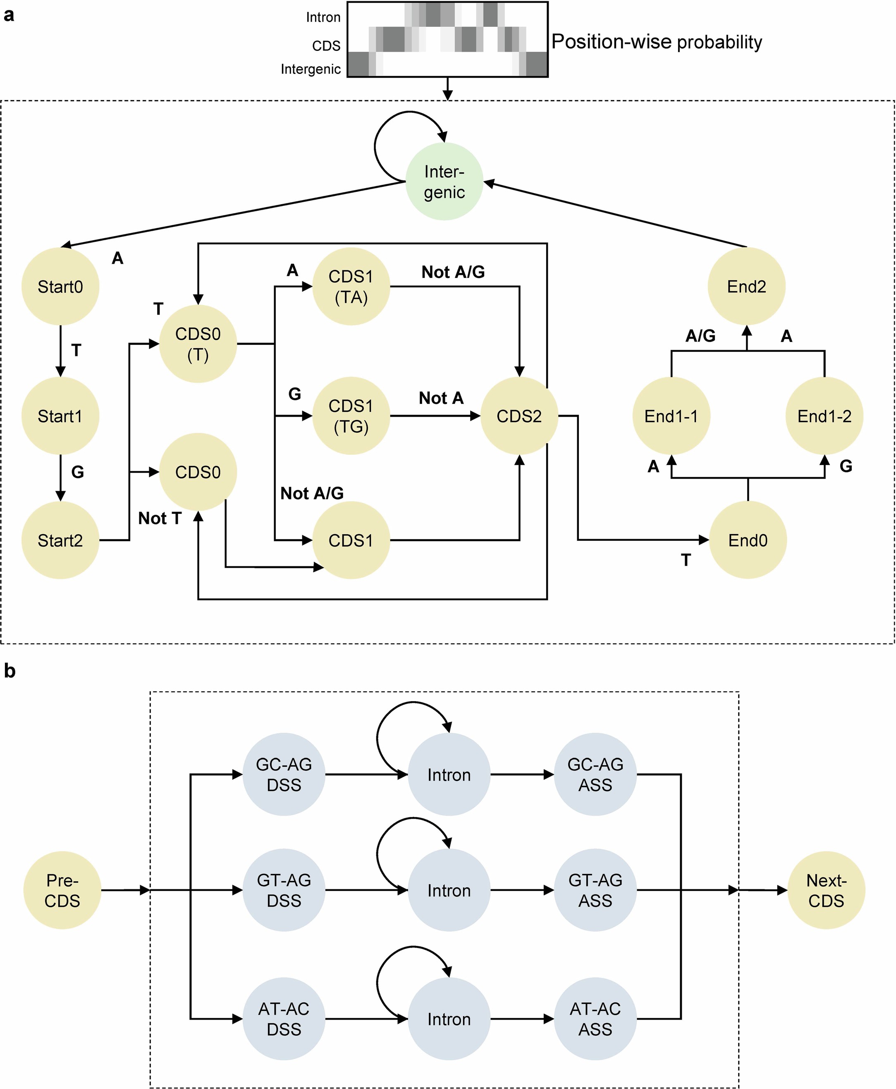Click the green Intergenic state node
(444, 181)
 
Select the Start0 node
(60, 287)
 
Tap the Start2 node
(60, 540)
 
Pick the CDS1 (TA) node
(351, 287)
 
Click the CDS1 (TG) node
(351, 416)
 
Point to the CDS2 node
(519, 416)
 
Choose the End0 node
(748, 540)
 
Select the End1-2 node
(824, 416)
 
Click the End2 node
(746, 287)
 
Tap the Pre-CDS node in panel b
(62, 890)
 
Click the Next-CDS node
(826, 890)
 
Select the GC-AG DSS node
(284, 774)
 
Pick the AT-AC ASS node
(595, 1019)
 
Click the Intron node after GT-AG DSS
(449, 890)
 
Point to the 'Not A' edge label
(441, 398)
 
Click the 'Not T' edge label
(160, 518)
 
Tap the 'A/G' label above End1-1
(700, 336)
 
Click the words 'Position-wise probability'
(657, 42)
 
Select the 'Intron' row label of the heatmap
(323, 17)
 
